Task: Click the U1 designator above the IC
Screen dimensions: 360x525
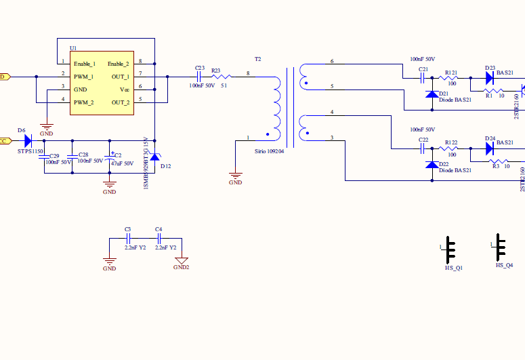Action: pos(73,48)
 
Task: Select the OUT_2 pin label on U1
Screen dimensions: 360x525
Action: pos(121,102)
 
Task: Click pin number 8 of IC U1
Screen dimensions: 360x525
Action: pos(140,62)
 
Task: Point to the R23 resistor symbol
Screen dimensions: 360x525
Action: pos(222,77)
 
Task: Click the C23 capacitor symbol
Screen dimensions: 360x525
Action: pos(199,77)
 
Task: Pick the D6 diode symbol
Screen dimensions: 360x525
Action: pos(28,141)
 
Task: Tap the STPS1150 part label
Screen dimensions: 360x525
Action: pos(30,152)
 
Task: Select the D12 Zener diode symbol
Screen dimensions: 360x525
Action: pos(155,157)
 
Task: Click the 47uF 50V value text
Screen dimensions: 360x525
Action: pos(122,163)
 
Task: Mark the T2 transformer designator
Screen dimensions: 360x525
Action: pos(257,60)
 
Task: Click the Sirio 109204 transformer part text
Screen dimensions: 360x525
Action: pos(269,152)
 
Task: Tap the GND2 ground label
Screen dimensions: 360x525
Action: pos(181,267)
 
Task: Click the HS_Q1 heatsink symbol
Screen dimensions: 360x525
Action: pos(451,252)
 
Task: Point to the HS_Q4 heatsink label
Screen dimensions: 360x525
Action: pos(504,266)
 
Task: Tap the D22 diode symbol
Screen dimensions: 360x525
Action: pos(432,165)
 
